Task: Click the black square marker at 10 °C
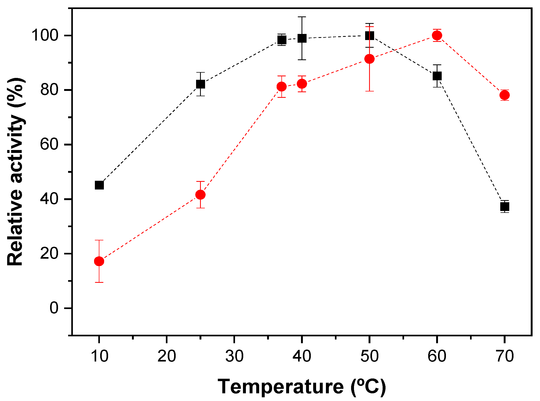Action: pyautogui.click(x=99, y=185)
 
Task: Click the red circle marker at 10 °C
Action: pyautogui.click(x=99, y=261)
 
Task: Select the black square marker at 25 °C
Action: pyautogui.click(x=201, y=84)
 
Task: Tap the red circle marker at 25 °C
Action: pyautogui.click(x=201, y=195)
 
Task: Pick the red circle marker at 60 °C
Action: pyautogui.click(x=437, y=35)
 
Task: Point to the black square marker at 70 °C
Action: pyautogui.click(x=505, y=206)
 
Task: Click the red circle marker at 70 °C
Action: pyautogui.click(x=505, y=95)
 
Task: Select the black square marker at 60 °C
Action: pyautogui.click(x=437, y=76)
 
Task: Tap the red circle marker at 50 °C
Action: pyautogui.click(x=369, y=59)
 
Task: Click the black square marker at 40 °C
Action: pyautogui.click(x=302, y=38)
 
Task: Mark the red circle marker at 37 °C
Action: pyautogui.click(x=281, y=86)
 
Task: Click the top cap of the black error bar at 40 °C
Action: pyautogui.click(x=302, y=17)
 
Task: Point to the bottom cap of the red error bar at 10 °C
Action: pyautogui.click(x=99, y=282)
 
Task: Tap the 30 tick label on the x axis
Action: pyautogui.click(x=234, y=356)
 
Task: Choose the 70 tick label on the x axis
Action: pyautogui.click(x=505, y=356)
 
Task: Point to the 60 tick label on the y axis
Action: pyautogui.click(x=49, y=144)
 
